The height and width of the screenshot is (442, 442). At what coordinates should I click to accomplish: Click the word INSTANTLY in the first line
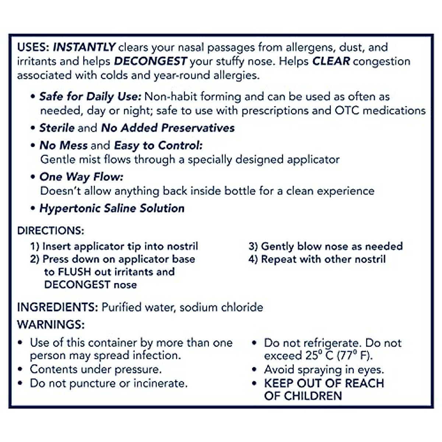coord(85,47)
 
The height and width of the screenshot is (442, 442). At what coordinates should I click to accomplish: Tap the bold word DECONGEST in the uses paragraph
coord(151,61)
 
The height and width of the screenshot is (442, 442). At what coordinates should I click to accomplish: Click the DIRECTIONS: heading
coord(50,231)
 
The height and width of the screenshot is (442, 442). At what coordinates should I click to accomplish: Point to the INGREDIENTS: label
coord(57,307)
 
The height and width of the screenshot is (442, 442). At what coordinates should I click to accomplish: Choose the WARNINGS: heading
coord(51,325)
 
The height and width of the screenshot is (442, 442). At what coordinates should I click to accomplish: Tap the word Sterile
coord(57,128)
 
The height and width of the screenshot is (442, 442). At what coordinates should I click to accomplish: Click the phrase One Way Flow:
coord(81,177)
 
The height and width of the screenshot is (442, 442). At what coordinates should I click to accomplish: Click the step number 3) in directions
coord(253,246)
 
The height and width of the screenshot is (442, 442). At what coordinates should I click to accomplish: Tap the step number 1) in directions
coord(35,246)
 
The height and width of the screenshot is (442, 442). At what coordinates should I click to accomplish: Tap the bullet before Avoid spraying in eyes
coord(254,369)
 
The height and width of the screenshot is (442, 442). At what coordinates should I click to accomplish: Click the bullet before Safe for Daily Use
coord(33,97)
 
